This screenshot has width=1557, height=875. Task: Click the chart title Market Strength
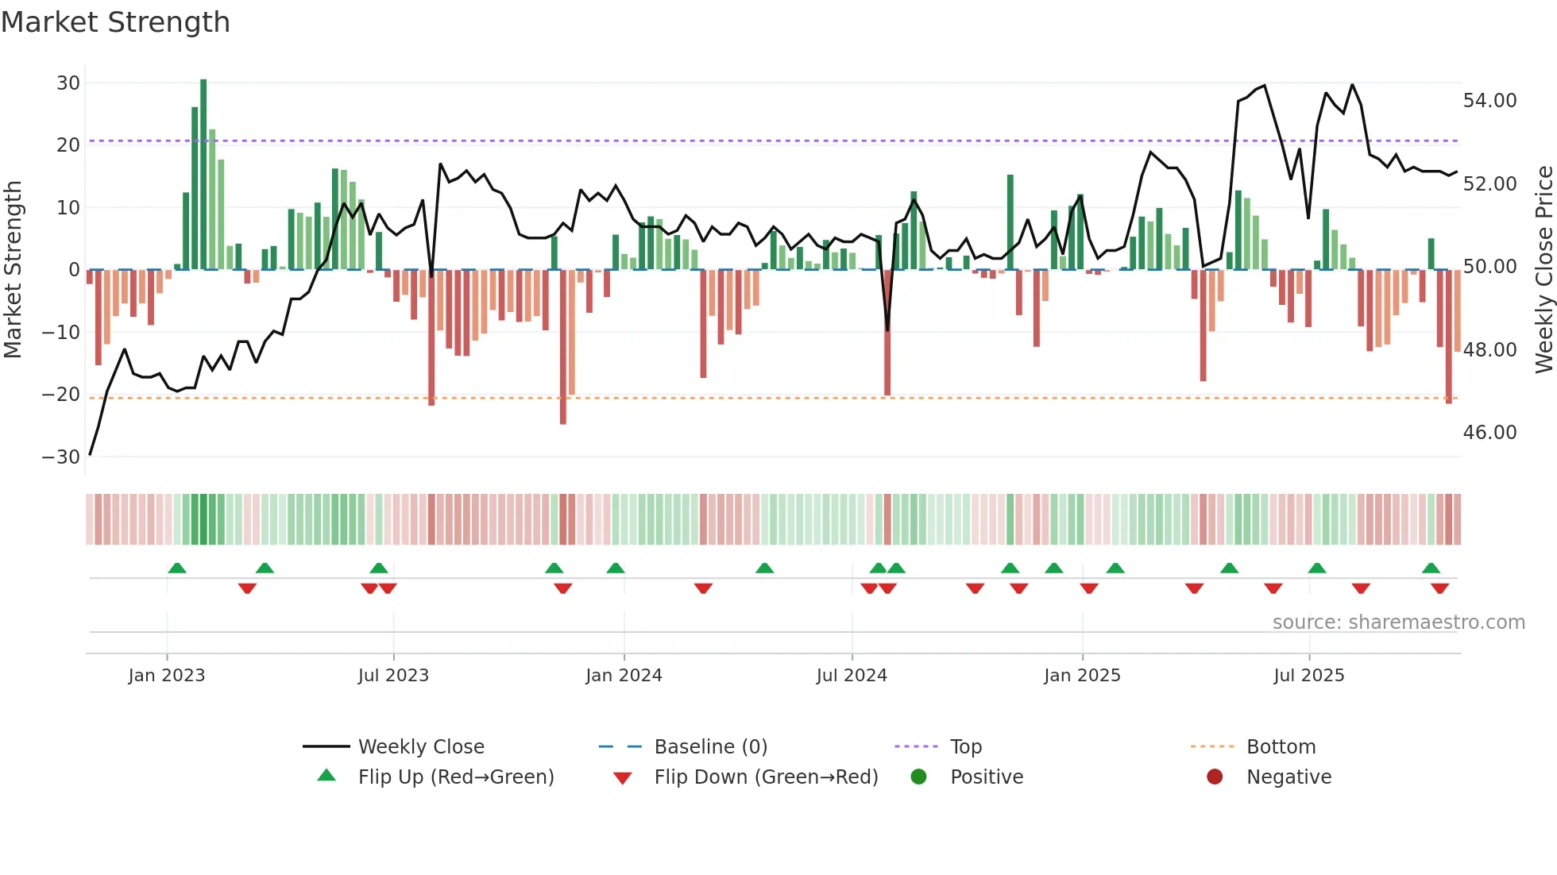pos(115,22)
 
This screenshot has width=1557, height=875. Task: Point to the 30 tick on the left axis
pos(68,83)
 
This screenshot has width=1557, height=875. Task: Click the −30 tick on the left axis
pos(62,457)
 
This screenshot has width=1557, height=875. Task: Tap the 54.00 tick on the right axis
pos(1489,101)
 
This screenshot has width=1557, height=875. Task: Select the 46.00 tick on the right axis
pos(1489,433)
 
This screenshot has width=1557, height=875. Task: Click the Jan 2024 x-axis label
pos(624,676)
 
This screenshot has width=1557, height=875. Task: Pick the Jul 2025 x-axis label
pos(1308,676)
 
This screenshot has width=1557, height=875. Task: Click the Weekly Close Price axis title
pos(1543,270)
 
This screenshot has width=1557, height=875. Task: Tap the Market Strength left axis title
pos(14,270)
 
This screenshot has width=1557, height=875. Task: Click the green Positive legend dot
pos(919,777)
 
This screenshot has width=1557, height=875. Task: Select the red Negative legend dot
pos(1215,777)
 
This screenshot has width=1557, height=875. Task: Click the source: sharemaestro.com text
pos(1398,623)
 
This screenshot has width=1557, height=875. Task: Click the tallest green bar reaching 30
pos(203,175)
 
